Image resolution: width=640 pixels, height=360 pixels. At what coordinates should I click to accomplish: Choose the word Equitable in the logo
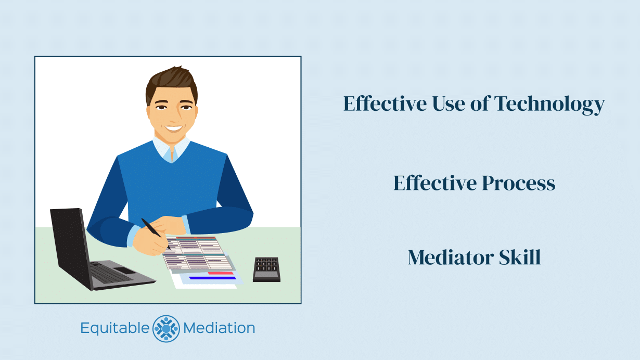click(x=114, y=328)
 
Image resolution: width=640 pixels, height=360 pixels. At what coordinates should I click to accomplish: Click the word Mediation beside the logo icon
click(x=219, y=328)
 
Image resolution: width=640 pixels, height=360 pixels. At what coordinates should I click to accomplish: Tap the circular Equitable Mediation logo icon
click(x=166, y=328)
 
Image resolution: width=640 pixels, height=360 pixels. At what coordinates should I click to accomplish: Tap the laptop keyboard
click(x=112, y=273)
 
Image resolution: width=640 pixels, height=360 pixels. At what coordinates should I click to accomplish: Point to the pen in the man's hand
click(x=155, y=233)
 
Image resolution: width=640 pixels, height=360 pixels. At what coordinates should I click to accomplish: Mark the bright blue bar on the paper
click(x=212, y=278)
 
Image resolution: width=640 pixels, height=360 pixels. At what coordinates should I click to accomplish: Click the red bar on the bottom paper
click(x=221, y=273)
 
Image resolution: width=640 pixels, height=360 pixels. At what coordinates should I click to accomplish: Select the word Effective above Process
click(x=434, y=183)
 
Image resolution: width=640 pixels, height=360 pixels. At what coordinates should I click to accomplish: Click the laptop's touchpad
click(x=125, y=270)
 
